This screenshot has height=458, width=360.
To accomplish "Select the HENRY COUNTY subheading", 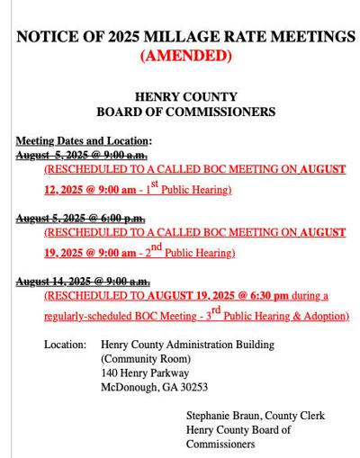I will point(186,96).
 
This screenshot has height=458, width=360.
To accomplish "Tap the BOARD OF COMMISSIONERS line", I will point(186,112).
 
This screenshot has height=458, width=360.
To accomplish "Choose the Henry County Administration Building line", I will point(187,345).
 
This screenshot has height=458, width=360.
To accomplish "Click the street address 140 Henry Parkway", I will point(145,373).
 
